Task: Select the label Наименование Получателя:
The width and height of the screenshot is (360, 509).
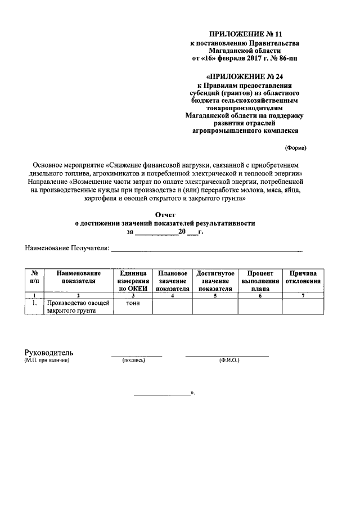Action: coord(66,247)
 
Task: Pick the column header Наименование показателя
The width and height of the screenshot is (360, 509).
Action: coord(79,277)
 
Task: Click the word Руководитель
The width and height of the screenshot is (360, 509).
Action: coord(49,353)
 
